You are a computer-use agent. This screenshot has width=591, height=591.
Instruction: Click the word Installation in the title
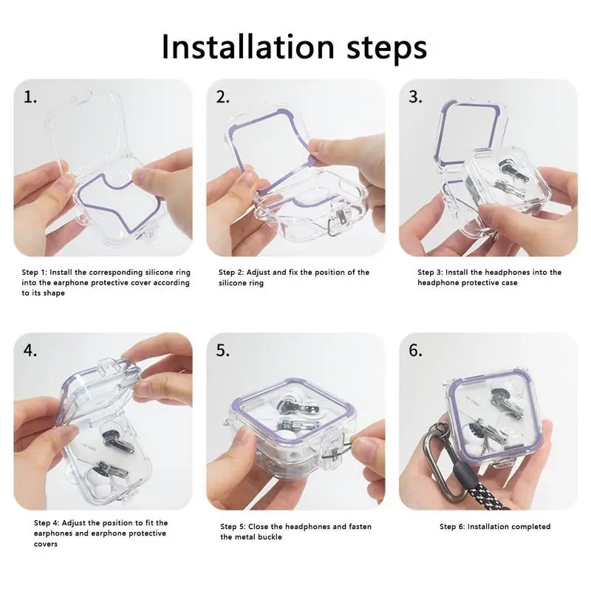[x=248, y=47]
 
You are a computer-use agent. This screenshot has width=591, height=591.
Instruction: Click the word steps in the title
[x=386, y=49]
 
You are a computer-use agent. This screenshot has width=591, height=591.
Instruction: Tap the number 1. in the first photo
[x=30, y=98]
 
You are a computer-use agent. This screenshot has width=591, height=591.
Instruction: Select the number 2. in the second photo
[x=223, y=98]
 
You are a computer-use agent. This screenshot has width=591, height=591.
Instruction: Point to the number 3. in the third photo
[x=415, y=98]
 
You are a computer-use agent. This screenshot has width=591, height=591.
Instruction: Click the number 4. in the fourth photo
[x=30, y=350]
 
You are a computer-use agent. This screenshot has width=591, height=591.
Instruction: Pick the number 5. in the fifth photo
[x=223, y=350]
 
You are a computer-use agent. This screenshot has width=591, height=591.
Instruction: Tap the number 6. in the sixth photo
[x=415, y=350]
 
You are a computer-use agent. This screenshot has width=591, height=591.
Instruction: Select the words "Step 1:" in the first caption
[x=34, y=272]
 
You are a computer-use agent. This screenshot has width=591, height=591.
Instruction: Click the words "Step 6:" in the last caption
[x=452, y=527]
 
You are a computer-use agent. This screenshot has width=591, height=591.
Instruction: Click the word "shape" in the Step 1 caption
[x=53, y=293]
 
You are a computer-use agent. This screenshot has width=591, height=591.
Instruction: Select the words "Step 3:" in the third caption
[x=430, y=272]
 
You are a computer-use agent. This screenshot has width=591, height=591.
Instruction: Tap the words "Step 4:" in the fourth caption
[x=47, y=523]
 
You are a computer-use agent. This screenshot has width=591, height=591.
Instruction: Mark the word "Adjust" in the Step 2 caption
[x=258, y=273]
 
